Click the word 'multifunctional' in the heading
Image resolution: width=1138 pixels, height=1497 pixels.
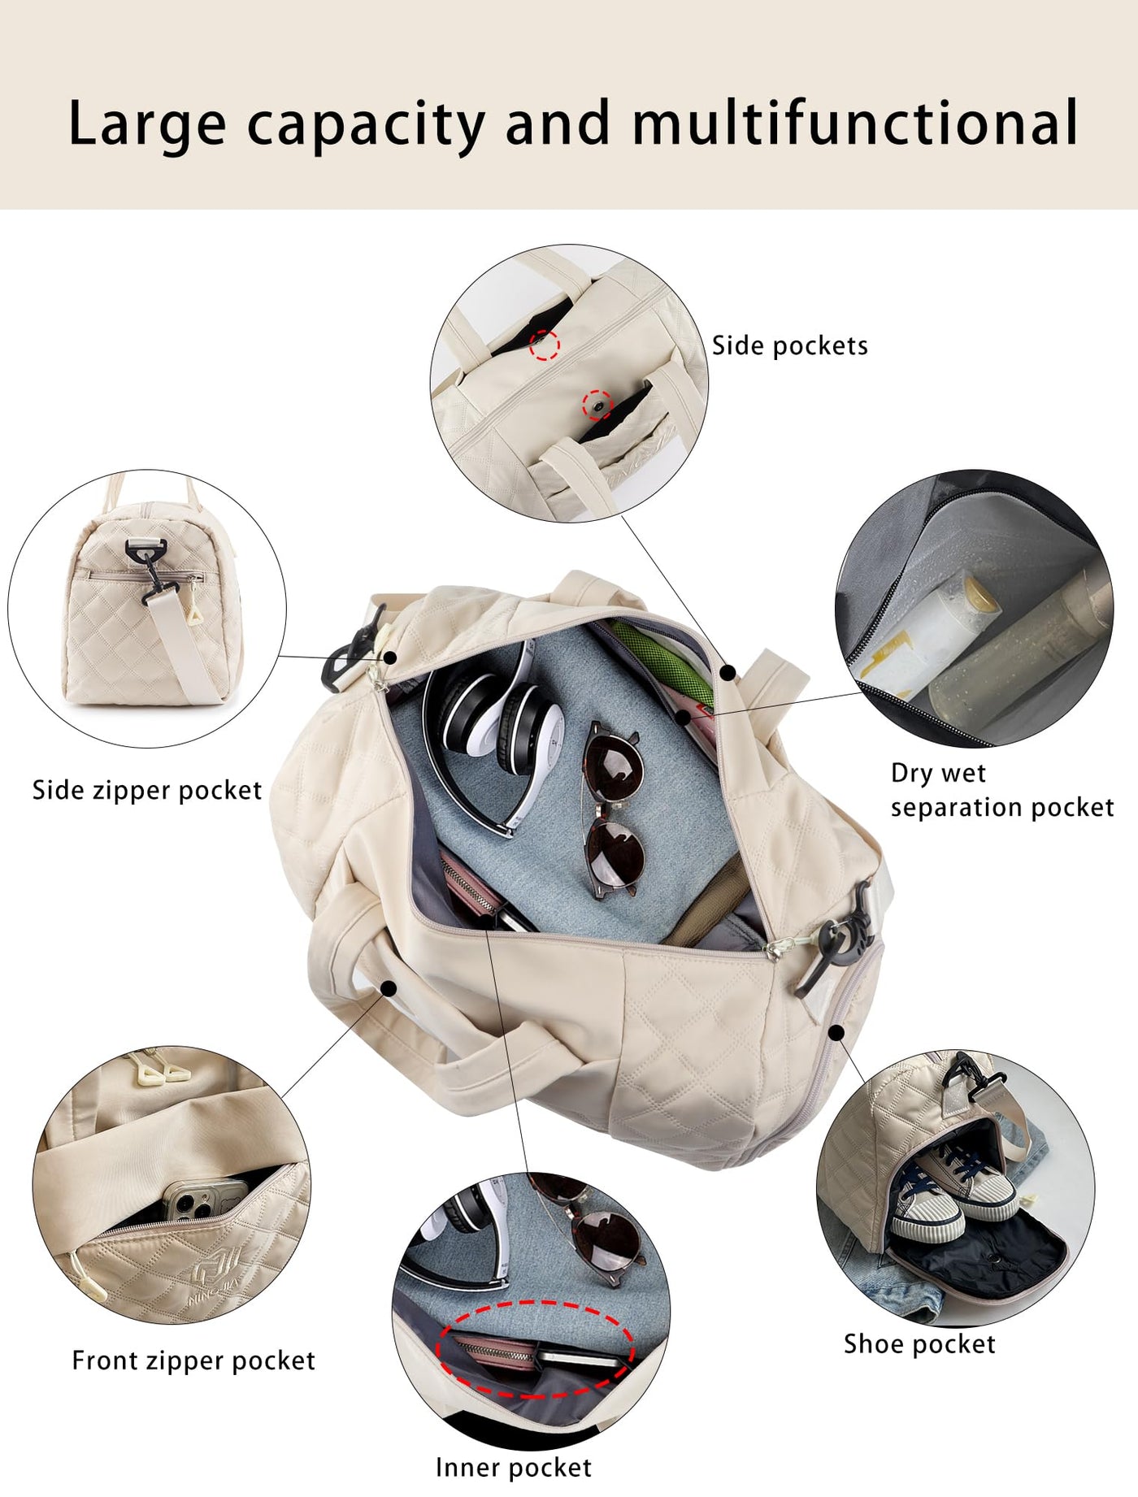[855, 123]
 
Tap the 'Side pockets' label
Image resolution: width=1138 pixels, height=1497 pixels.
[790, 346]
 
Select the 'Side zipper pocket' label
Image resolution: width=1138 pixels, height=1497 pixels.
[147, 791]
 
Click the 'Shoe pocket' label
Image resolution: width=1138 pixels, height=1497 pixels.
[919, 1344]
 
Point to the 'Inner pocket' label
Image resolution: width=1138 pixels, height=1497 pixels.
[514, 1468]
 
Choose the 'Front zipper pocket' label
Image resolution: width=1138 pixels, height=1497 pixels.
[193, 1360]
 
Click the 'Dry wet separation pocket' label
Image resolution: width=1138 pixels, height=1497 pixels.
[1002, 790]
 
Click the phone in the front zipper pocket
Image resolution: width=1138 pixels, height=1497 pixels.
[207, 1202]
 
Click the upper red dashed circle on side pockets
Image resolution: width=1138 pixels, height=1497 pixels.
[545, 345]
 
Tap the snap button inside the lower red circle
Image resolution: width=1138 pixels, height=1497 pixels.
[599, 403]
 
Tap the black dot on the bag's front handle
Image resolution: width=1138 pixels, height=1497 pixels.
[390, 987]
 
